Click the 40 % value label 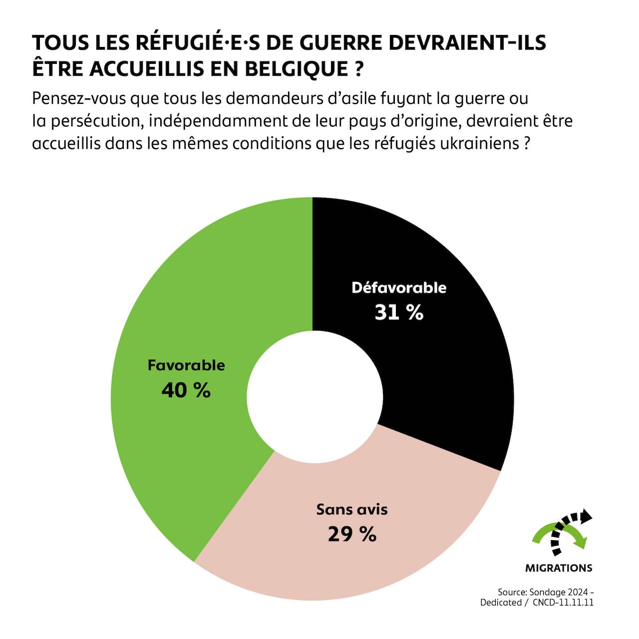186,390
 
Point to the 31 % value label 399,313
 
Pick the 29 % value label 352,535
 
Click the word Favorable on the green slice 186,365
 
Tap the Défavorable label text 399,288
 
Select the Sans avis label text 352,510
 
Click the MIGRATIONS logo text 559,568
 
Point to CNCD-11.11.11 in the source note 563,603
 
